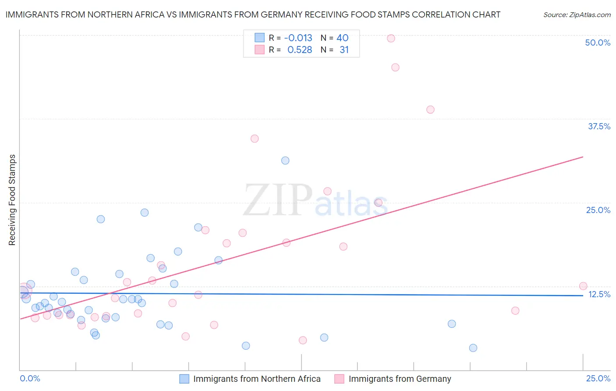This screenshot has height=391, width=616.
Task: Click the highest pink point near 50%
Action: (x=391, y=38)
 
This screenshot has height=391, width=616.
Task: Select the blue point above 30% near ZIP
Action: (x=285, y=160)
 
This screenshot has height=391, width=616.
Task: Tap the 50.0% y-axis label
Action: (x=598, y=43)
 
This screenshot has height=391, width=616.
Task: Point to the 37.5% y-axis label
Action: (x=599, y=126)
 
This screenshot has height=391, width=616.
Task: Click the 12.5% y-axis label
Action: (x=599, y=294)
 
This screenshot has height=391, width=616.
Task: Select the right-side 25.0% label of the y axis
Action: (x=598, y=210)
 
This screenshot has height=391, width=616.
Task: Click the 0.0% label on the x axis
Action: (x=30, y=378)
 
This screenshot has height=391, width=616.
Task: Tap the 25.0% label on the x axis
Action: (x=598, y=378)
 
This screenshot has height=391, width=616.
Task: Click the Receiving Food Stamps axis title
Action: (x=12, y=200)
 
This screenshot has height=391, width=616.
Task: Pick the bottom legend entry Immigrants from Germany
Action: (x=400, y=379)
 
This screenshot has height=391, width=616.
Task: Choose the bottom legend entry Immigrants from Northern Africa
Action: (x=257, y=379)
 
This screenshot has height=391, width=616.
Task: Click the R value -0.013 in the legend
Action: (x=298, y=38)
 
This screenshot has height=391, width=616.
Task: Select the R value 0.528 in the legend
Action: (x=300, y=50)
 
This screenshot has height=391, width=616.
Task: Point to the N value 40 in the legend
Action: (x=342, y=38)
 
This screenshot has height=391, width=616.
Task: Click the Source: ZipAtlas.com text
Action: (x=577, y=15)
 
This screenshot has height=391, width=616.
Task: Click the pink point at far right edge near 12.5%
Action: (x=583, y=286)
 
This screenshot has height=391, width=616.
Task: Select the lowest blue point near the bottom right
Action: (x=473, y=348)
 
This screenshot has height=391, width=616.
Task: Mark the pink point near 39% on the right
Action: (x=430, y=110)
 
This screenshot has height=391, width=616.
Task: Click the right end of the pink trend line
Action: (x=583, y=156)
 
